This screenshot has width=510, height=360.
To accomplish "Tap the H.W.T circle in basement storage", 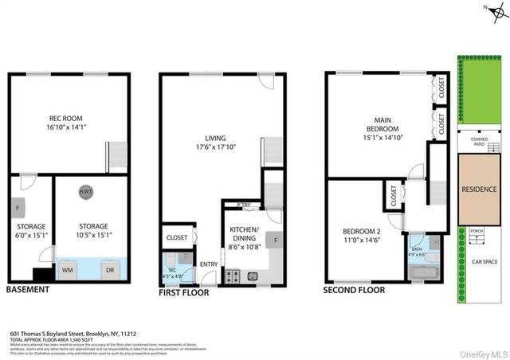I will [x=84, y=192].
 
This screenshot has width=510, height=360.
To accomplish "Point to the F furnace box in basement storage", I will [x=18, y=209].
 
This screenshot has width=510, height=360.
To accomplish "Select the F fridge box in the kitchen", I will [x=276, y=240].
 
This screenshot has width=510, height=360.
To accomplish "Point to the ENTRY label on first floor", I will [x=209, y=264].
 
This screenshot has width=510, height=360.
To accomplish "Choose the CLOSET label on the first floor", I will [x=176, y=237].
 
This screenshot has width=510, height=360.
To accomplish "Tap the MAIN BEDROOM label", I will [x=382, y=123].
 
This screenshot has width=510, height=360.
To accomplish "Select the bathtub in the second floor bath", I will [x=422, y=272].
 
